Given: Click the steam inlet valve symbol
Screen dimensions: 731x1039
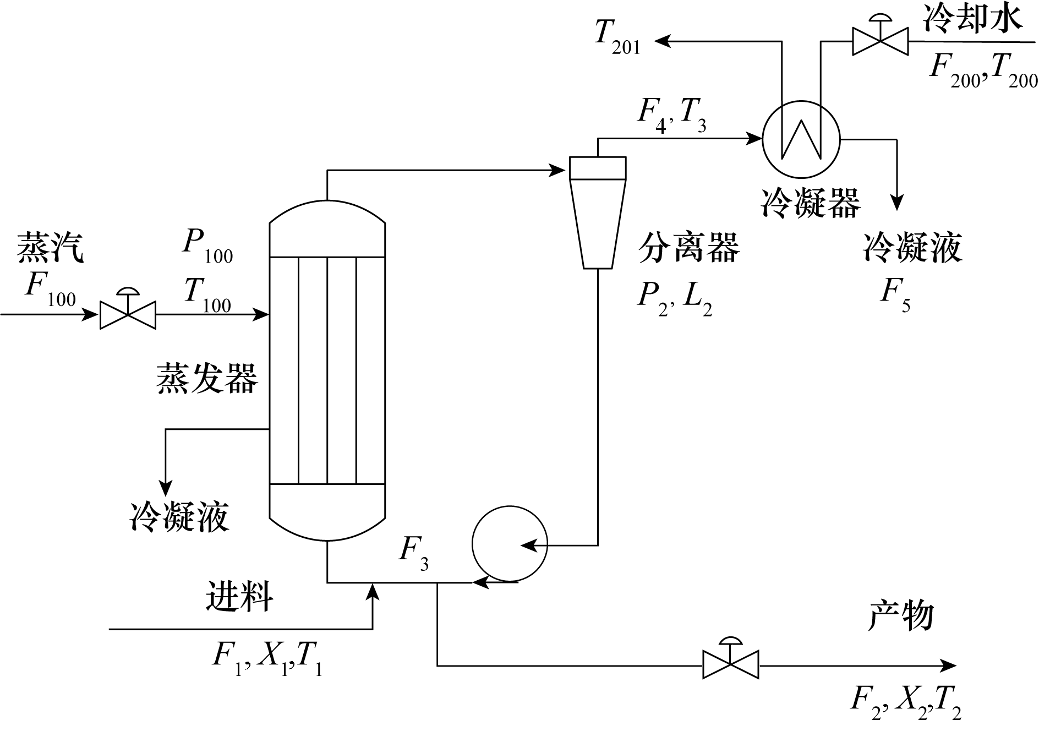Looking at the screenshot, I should click(128, 314).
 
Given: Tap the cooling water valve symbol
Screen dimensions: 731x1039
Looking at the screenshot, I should click(880, 41).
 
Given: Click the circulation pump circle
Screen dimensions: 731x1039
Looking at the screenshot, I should click(510, 544).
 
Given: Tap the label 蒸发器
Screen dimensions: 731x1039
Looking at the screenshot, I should click(207, 379).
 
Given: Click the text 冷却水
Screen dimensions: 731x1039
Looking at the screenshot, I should click(972, 18).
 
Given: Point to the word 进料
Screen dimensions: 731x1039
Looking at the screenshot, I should click(239, 596).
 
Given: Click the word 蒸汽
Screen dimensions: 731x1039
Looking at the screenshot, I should click(50, 247).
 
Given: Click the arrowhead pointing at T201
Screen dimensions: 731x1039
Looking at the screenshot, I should click(662, 40).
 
